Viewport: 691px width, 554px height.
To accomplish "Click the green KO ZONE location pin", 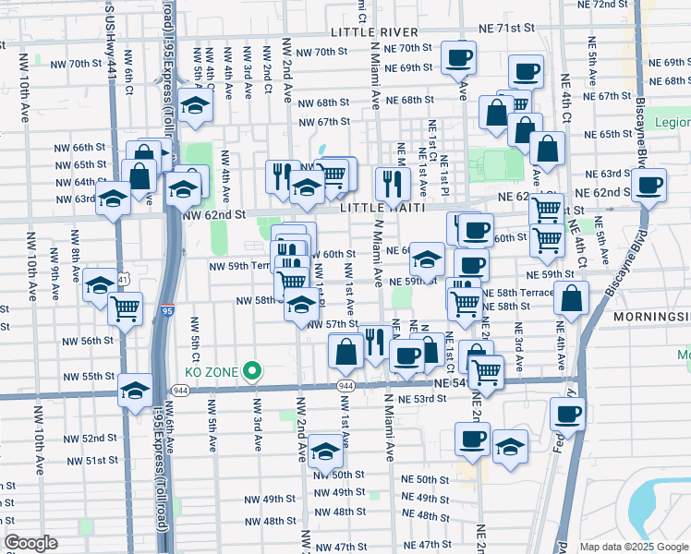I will (x=250, y=372).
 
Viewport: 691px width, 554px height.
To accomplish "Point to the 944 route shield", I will (x=345, y=384).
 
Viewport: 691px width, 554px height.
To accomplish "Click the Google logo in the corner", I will (x=30, y=543).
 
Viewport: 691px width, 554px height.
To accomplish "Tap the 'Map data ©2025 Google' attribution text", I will (x=633, y=547).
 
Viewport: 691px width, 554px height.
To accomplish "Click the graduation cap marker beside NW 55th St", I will (x=135, y=391).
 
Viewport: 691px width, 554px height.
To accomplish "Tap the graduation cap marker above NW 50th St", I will (x=325, y=452).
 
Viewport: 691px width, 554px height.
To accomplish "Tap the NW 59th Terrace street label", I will (x=240, y=266).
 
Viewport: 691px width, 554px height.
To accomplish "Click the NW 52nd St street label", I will (x=92, y=439).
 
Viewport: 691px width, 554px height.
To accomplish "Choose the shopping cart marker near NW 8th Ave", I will (x=125, y=309).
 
